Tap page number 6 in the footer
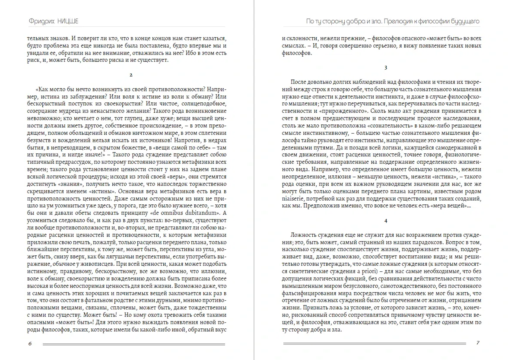coord(29,344)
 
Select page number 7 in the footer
coord(477,343)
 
